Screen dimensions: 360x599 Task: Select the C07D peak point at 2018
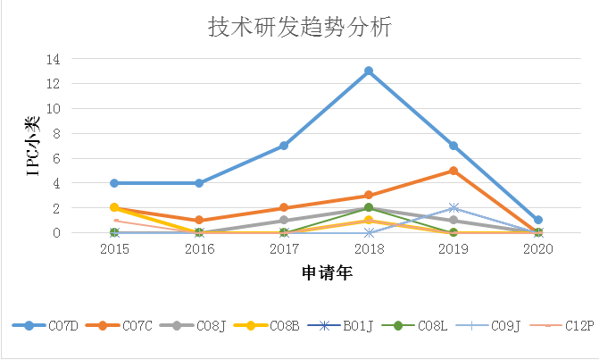click(369, 71)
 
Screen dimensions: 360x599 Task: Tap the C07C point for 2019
click(453, 171)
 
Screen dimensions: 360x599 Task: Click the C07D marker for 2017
click(284, 146)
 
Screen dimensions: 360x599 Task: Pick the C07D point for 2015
click(114, 183)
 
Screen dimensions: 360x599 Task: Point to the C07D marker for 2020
click(537, 220)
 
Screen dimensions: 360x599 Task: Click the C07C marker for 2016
click(199, 220)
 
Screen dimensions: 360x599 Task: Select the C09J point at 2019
click(453, 208)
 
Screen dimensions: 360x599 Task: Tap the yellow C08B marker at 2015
click(114, 207)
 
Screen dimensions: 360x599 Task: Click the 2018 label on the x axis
click(369, 249)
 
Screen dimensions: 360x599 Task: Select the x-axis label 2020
click(537, 249)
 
